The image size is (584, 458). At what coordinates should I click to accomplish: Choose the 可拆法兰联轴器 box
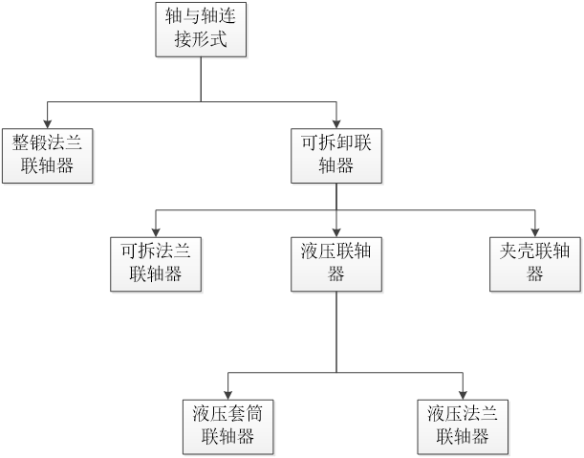[158, 263]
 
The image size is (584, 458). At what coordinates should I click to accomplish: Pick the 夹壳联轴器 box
[534, 263]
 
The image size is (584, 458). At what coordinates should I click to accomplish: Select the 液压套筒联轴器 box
[227, 425]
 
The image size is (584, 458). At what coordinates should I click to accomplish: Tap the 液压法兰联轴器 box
[464, 425]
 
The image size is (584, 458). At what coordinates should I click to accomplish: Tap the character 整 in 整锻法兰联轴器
[20, 144]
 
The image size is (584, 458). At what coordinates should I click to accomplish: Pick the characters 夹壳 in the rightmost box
[517, 251]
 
